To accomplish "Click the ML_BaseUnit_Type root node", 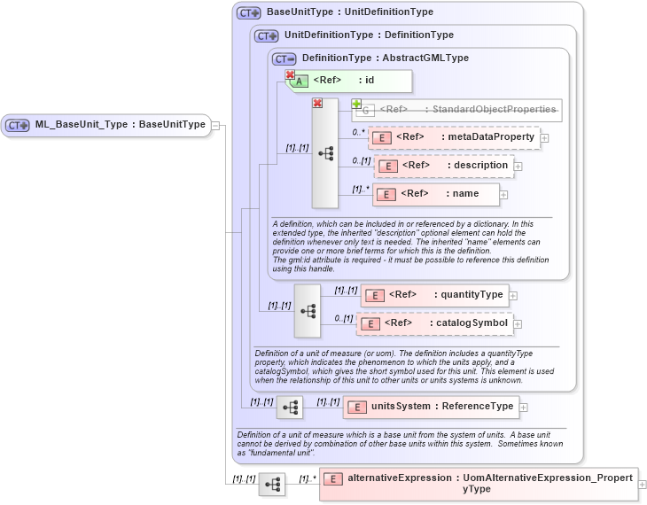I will (106, 125).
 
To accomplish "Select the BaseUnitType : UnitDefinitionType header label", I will (349, 12).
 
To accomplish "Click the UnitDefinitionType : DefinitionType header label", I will (369, 35).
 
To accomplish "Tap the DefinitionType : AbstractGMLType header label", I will (385, 58).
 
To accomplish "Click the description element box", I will (444, 166).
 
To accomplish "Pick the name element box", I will (435, 194).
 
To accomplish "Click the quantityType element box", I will (433, 295).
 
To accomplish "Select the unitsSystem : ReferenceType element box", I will (431, 407).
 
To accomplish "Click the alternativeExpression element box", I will (479, 484).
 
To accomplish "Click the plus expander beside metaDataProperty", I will (545, 137).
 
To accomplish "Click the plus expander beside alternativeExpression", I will (643, 485).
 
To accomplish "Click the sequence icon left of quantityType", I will (308, 311).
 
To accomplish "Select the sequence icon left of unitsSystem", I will (290, 408).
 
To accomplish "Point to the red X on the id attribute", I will (290, 75).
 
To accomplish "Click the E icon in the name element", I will (386, 195).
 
